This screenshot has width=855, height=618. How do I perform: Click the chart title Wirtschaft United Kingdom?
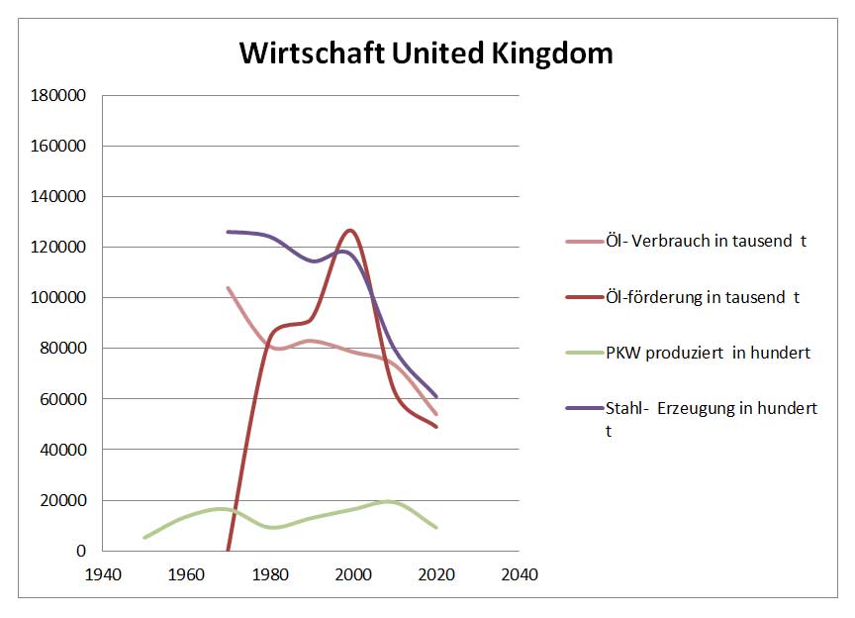coord(427,52)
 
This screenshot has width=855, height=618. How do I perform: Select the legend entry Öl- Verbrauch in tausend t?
coord(706,241)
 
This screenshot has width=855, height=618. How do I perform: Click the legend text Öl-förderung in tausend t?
coord(703,296)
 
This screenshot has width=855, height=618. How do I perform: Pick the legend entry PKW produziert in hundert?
coord(708,352)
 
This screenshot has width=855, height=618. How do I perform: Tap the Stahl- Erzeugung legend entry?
coord(711,408)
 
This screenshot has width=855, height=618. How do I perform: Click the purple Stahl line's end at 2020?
coord(436,396)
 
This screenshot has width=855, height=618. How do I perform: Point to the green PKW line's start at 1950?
coord(144,537)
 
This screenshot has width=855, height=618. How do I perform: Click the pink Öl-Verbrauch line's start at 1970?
coord(228,288)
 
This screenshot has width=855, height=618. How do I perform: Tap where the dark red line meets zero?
coord(228,550)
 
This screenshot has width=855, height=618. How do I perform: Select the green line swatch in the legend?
coord(583,352)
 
